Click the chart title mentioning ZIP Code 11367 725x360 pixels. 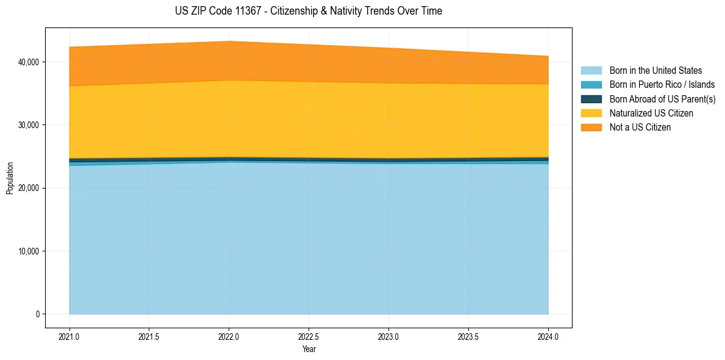tap(308, 11)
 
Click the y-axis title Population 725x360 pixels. tap(10, 178)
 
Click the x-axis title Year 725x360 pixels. tap(309, 349)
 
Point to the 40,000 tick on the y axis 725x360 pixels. tap(28, 62)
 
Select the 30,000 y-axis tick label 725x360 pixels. tap(28, 125)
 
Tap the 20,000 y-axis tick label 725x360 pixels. tap(28, 188)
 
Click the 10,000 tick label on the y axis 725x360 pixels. tap(28, 251)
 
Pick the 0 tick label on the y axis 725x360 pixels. tap(37, 314)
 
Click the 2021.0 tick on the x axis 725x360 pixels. tap(70, 336)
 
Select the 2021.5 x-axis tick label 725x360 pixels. tap(149, 336)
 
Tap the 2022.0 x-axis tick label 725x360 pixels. tap(229, 336)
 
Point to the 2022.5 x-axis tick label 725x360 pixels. tap(309, 336)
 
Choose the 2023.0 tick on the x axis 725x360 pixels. tap(389, 336)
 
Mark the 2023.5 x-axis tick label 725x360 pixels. tap(468, 336)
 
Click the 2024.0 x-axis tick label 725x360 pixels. tap(548, 336)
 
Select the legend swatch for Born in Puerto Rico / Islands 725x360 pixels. tap(591, 85)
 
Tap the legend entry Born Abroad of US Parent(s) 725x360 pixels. tap(662, 99)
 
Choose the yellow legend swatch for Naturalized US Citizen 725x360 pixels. tap(591, 113)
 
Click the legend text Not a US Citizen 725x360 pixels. tap(640, 128)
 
